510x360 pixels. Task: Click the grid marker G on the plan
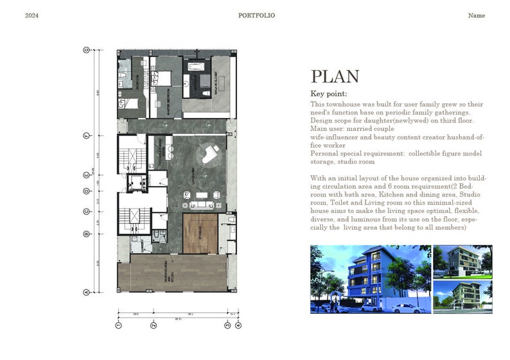pos(86,49)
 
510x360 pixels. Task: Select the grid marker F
pos(86,135)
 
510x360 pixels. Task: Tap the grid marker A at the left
pos(86,292)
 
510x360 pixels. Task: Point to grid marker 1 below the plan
pos(118,326)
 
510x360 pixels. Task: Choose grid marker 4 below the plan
pos(238,326)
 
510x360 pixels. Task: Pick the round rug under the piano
pos(209,152)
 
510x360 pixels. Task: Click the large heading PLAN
pos(335,77)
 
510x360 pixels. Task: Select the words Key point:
pos(328,94)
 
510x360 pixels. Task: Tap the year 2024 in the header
pos(32,15)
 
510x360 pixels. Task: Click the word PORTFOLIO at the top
pos(256,15)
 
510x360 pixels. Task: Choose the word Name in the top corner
pos(476,15)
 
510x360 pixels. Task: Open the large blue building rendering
pos(370,279)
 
